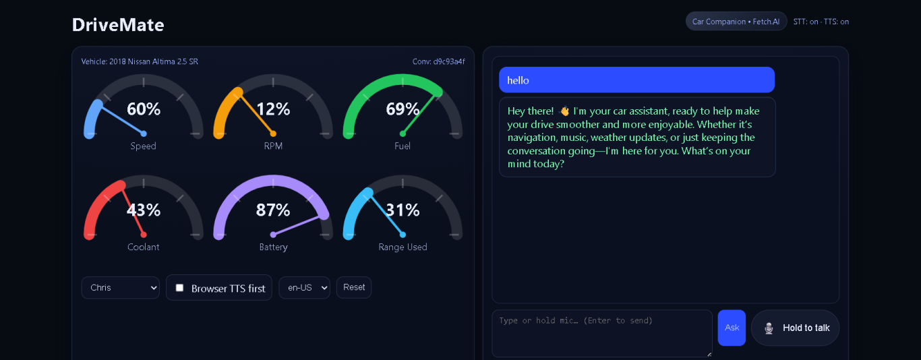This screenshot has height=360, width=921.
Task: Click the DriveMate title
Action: coord(118,25)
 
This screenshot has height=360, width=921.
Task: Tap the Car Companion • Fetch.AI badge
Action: coord(736,22)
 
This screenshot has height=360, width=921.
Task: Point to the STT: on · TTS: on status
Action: coord(821,22)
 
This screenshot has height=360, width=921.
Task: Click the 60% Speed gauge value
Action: coord(144,109)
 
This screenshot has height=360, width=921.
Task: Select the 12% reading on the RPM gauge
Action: coord(273,109)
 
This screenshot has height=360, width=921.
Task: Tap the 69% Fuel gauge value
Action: coord(403,109)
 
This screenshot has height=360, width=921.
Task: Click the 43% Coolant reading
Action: coord(144,210)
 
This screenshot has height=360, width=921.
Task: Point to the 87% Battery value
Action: coord(273,210)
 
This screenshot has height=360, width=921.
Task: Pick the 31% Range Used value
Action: coord(403,210)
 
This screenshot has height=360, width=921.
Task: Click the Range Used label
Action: coord(403,247)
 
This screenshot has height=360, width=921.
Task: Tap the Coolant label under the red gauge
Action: coord(144,247)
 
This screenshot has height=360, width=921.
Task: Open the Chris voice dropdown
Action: coord(120,288)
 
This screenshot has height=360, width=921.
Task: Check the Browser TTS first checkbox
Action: coord(179,288)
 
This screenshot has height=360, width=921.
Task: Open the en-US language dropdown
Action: coord(304,288)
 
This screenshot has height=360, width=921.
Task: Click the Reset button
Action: coord(354,287)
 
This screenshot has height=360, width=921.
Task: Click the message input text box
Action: coord(601,333)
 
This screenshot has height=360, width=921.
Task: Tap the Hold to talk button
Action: coord(795,328)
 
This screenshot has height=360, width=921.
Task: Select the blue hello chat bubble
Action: coord(636,80)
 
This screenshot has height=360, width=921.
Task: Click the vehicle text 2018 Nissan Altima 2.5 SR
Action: coord(153,62)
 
